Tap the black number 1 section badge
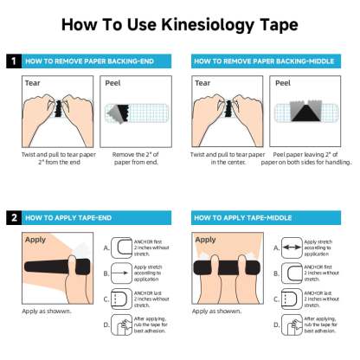tap(13, 62)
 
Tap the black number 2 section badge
tap(13, 217)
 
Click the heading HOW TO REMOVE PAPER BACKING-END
tap(88, 62)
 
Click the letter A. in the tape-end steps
tap(106, 247)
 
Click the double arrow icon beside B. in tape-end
tap(122, 273)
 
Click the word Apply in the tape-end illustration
tap(35, 239)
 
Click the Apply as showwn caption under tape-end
tap(43, 310)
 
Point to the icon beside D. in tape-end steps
tap(122, 325)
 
